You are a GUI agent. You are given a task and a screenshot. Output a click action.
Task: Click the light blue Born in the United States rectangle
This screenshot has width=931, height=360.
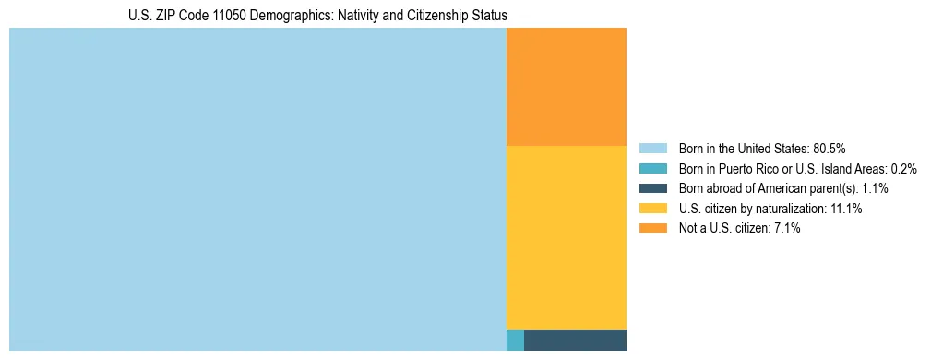(257, 189)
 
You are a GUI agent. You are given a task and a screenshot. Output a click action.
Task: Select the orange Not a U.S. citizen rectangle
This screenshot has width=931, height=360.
(567, 87)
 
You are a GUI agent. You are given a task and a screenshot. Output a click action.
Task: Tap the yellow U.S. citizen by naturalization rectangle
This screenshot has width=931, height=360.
(567, 237)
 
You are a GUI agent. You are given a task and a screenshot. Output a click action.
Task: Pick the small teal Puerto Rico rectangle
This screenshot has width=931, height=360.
(515, 340)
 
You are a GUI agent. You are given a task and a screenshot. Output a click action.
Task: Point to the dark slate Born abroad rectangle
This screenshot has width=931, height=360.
(575, 340)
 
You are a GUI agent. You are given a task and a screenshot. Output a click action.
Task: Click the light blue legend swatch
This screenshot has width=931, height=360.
(653, 148)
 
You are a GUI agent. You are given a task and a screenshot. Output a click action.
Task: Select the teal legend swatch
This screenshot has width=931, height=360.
(653, 168)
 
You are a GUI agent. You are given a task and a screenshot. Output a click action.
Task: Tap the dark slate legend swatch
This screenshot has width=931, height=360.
(653, 188)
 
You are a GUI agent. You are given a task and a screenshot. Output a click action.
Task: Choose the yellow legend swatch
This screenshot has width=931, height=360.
(653, 209)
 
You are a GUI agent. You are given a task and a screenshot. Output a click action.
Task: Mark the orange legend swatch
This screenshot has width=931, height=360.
(653, 229)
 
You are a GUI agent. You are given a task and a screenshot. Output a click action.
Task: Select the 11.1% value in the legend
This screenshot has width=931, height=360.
(846, 209)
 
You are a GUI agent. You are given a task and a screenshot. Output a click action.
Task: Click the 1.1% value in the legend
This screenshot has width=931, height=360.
(872, 188)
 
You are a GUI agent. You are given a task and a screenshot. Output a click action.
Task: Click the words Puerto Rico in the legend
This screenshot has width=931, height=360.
(744, 168)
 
